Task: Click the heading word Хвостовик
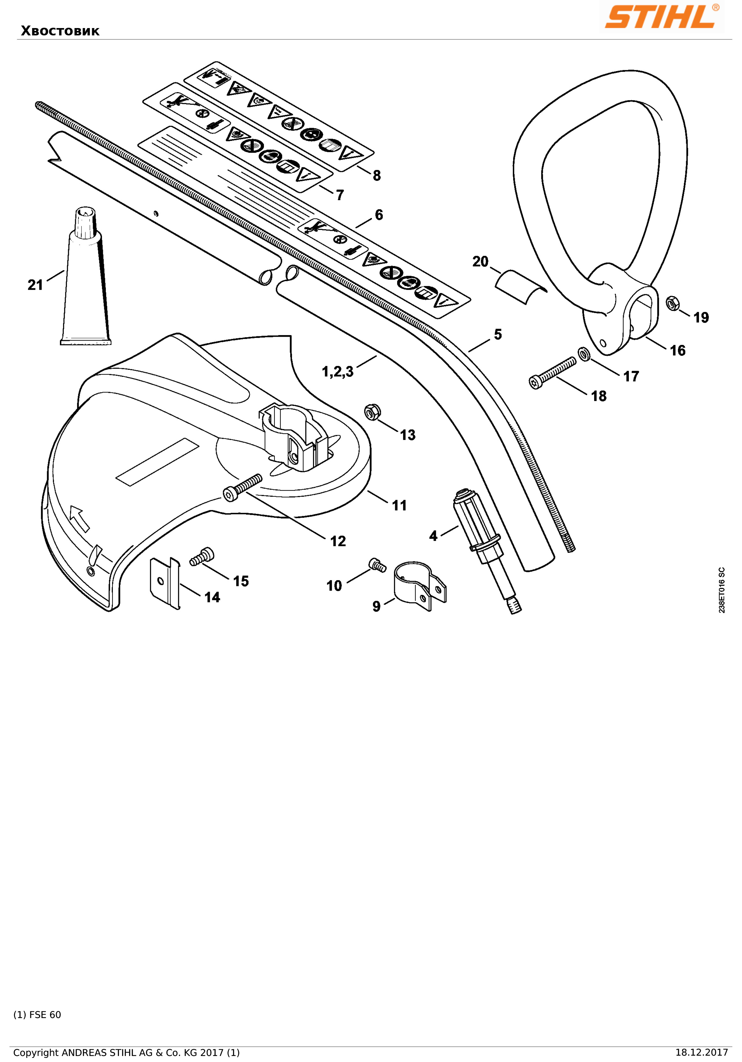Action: click(60, 31)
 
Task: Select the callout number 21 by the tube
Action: click(35, 285)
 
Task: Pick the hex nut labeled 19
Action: click(673, 304)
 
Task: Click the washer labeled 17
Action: click(584, 354)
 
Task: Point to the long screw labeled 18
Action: click(553, 373)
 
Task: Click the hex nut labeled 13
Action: click(373, 411)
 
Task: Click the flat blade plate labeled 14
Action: click(165, 583)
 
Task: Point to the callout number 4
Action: click(433, 536)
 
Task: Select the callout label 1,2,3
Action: click(338, 371)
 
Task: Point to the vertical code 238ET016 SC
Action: click(722, 590)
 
